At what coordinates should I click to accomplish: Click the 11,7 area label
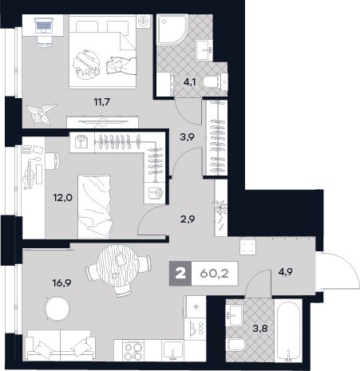click(102, 102)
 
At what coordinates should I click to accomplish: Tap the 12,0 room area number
click(62, 198)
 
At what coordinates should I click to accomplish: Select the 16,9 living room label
click(61, 283)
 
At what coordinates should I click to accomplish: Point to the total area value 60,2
click(214, 274)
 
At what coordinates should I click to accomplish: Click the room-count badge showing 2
click(180, 274)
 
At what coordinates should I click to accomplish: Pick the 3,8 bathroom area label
click(260, 329)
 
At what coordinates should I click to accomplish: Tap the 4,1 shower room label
click(189, 82)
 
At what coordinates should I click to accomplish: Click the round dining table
click(117, 266)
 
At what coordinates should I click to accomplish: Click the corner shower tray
click(172, 29)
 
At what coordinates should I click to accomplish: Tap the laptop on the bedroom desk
click(43, 25)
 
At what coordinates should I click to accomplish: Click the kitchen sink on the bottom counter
click(173, 351)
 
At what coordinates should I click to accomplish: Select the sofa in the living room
click(61, 345)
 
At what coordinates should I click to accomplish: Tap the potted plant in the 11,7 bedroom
click(42, 113)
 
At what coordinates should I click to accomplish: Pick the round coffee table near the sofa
click(57, 309)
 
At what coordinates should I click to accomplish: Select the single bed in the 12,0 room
click(94, 206)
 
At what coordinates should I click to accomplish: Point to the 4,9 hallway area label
click(287, 272)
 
